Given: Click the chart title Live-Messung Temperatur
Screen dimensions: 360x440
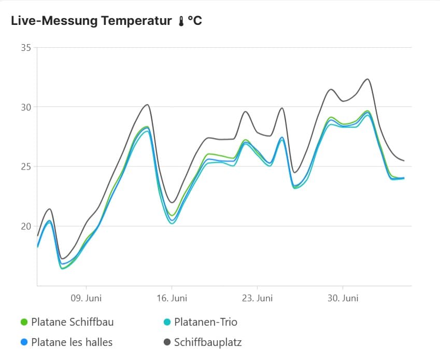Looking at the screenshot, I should click(x=91, y=21).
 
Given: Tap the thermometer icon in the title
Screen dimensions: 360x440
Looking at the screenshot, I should click(x=181, y=21).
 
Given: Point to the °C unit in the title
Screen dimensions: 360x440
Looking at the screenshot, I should click(x=195, y=21).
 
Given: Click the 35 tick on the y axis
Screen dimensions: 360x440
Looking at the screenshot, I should click(x=26, y=48).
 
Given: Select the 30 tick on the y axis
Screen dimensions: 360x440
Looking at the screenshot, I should click(x=26, y=107).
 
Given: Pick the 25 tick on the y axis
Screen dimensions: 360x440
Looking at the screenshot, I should click(x=26, y=167).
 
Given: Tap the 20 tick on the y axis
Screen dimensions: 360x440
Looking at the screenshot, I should click(x=26, y=226).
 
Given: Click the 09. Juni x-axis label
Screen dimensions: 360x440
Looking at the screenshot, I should click(x=86, y=298).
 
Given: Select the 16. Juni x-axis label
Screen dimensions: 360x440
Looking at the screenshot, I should click(x=172, y=298).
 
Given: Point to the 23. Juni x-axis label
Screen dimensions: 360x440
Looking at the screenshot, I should click(x=257, y=298).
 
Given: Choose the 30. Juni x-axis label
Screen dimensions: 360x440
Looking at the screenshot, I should click(x=343, y=298).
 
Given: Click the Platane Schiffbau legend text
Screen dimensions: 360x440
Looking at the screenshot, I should click(x=72, y=322).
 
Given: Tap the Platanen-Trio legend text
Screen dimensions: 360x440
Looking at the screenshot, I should click(x=206, y=322).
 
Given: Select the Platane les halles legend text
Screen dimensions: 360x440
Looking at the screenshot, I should click(x=72, y=342).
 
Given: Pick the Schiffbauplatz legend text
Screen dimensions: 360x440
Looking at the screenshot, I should click(x=208, y=342).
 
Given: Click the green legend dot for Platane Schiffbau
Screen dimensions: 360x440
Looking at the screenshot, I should click(x=23, y=322).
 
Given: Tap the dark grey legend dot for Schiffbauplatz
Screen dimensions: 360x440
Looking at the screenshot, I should click(x=167, y=342).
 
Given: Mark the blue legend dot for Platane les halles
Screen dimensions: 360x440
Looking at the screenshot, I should click(x=23, y=342).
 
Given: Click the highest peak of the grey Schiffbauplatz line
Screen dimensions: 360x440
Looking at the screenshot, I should click(x=367, y=79).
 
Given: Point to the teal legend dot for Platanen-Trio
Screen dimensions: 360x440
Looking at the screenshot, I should click(x=167, y=322).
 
